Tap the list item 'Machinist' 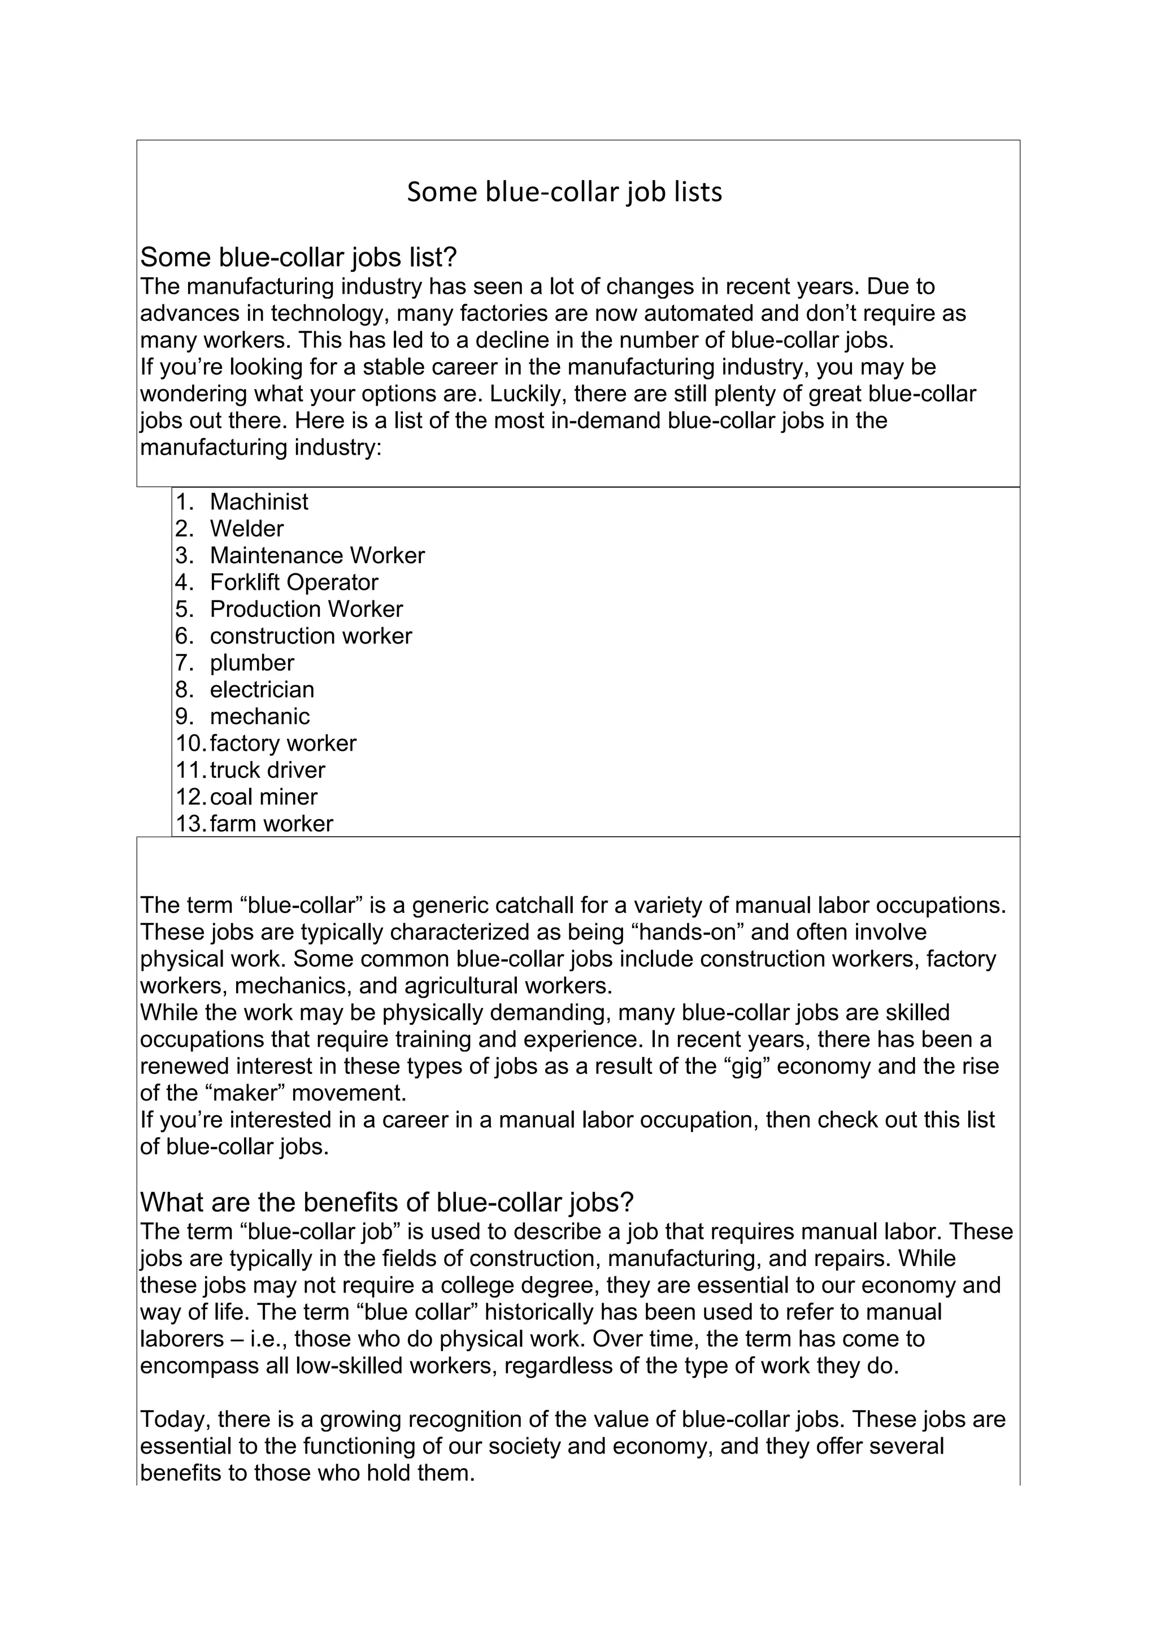click(x=259, y=502)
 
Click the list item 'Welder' click(x=246, y=529)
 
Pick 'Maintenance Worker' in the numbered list click(x=317, y=556)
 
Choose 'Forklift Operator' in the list click(x=294, y=582)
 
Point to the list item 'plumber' click(x=251, y=663)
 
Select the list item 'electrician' click(x=262, y=690)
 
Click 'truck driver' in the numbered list click(x=267, y=770)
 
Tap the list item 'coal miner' click(x=263, y=797)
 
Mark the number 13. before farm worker click(x=190, y=824)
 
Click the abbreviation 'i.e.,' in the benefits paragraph click(x=262, y=1339)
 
